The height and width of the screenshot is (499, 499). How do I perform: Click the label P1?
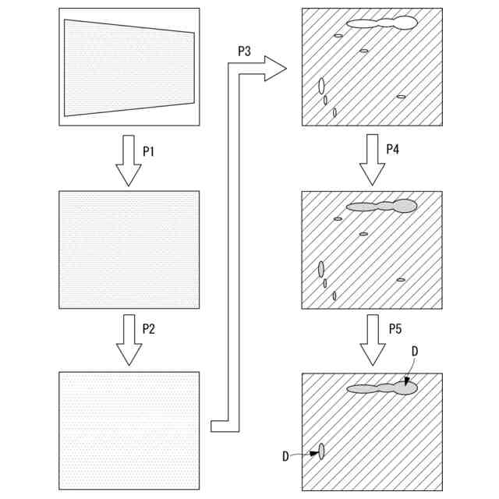(x=148, y=152)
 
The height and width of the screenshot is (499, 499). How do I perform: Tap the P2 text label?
(x=148, y=328)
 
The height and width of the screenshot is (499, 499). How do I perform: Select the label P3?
(x=244, y=51)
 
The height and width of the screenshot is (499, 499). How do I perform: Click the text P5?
(x=395, y=328)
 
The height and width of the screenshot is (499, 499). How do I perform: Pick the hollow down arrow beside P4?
(x=372, y=161)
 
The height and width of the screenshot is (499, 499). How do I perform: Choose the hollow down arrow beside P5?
(x=372, y=340)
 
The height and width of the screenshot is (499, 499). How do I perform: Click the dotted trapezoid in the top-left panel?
(x=129, y=67)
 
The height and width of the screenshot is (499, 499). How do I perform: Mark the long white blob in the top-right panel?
(x=381, y=23)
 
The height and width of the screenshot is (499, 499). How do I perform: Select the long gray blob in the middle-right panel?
(x=381, y=207)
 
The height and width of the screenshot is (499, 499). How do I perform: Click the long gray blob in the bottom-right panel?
(x=381, y=388)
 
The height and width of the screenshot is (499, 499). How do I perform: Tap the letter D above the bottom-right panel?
(x=414, y=352)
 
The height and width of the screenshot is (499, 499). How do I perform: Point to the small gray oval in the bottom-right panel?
(x=320, y=451)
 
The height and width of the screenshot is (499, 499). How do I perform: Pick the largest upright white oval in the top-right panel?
(x=320, y=85)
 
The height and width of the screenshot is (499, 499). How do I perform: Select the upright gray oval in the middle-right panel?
(x=320, y=269)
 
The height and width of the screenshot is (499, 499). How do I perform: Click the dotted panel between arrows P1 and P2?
(x=129, y=250)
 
